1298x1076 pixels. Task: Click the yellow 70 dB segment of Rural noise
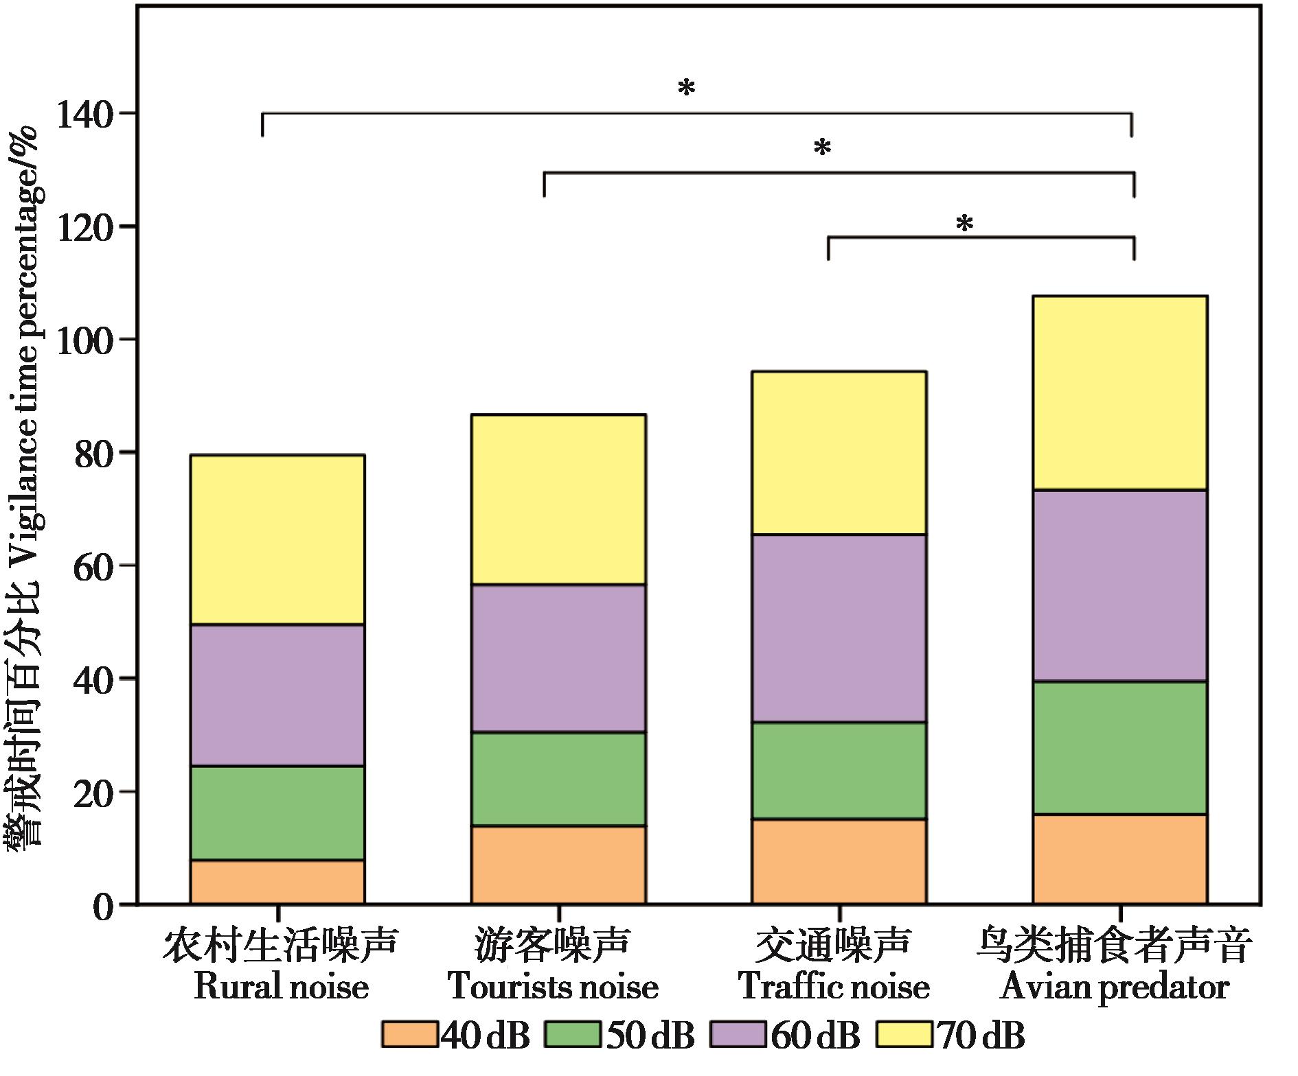[x=277, y=539]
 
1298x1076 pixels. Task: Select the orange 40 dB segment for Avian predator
[x=1120, y=858]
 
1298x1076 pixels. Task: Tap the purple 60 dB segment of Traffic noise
[x=839, y=628]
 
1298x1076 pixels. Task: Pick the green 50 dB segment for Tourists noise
[x=558, y=779]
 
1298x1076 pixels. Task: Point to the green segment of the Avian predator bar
[x=1120, y=748]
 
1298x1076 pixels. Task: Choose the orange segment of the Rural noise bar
[x=277, y=882]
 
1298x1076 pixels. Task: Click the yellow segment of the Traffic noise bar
[x=839, y=453]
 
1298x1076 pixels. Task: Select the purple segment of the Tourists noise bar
[x=558, y=659]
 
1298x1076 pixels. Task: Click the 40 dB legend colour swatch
[x=409, y=1036]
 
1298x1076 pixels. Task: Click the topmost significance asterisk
[x=687, y=89]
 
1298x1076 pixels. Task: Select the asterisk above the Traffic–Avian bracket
[x=965, y=224]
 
